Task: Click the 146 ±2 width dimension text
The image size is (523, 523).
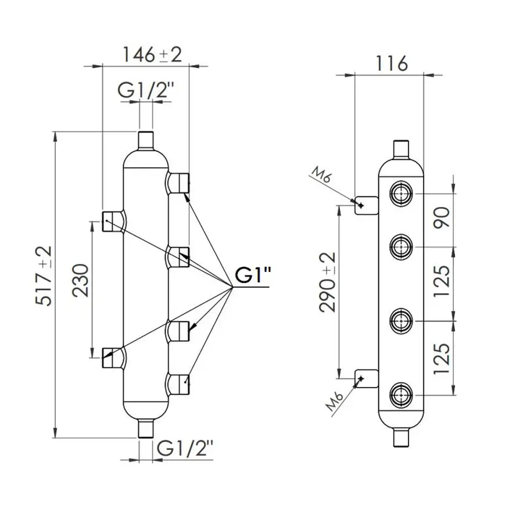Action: [x=151, y=55]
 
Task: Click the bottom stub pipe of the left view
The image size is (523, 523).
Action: [x=146, y=429]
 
